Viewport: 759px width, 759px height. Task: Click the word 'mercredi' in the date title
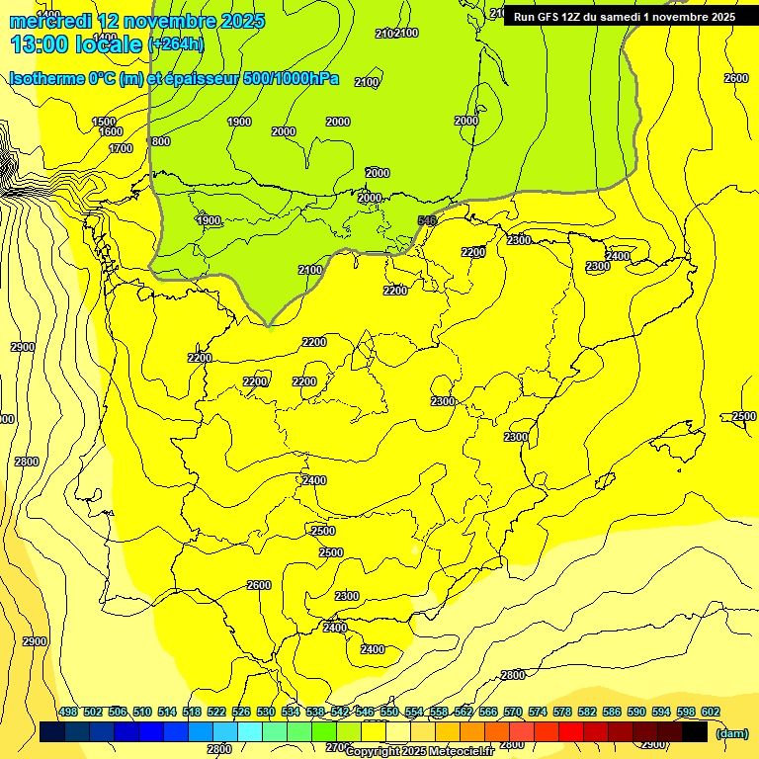51,21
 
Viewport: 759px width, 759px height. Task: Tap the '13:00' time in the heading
40,44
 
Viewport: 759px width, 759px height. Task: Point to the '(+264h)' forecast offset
175,44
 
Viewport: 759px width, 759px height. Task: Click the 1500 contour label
104,122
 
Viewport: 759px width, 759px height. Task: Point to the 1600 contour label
111,131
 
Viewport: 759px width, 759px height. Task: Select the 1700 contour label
121,148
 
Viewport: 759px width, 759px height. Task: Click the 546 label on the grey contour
427,220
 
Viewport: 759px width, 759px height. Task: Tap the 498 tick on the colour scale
68,712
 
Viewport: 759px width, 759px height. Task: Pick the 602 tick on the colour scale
711,712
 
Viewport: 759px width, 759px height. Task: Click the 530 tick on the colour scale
266,712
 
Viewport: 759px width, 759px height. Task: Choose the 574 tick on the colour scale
538,712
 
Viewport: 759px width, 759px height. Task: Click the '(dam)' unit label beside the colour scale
731,733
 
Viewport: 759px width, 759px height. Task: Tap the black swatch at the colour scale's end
695,732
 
